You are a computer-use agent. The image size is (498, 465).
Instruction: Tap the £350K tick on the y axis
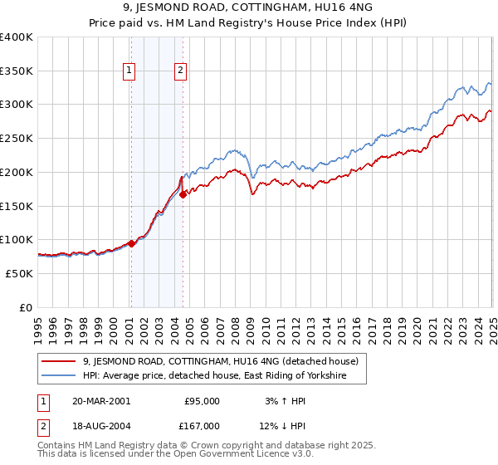pos(17,71)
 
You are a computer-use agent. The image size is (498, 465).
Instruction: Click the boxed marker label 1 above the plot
pos(130,71)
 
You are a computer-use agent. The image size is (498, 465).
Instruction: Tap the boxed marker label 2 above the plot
pos(180,71)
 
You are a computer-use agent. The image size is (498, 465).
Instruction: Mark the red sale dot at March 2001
pos(131,243)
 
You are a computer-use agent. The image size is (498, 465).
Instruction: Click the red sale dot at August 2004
pos(183,194)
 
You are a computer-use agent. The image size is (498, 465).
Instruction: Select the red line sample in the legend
pos(59,361)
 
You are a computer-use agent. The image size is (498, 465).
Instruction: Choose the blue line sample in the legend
pos(59,376)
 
